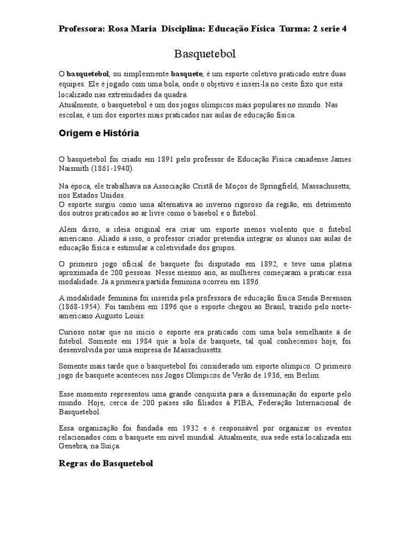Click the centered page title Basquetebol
205,54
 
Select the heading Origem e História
99,134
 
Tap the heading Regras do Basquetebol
106,464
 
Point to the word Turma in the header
293,29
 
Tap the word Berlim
308,375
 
